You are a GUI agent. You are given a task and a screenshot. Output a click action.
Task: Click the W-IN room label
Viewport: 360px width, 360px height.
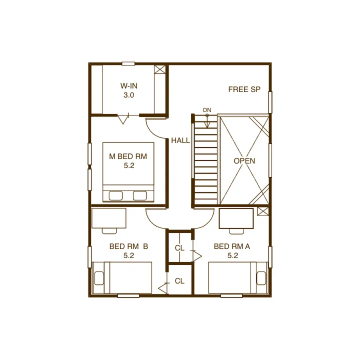click(x=129, y=86)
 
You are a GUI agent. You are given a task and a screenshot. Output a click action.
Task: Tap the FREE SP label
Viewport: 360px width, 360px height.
click(x=244, y=89)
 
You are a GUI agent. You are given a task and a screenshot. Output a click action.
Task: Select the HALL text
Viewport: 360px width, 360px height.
click(x=180, y=140)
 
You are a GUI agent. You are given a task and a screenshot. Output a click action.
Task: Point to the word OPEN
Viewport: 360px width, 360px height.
click(x=244, y=160)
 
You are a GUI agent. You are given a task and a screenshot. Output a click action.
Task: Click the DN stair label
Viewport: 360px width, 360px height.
click(x=207, y=110)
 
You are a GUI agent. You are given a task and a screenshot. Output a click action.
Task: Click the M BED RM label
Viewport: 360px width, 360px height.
click(x=128, y=156)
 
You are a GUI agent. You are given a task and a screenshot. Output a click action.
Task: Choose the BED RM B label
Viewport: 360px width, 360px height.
click(x=129, y=246)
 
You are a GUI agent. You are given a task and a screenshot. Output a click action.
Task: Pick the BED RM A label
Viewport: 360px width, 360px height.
click(x=232, y=246)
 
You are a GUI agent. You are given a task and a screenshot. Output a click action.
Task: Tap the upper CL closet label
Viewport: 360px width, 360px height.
click(x=179, y=248)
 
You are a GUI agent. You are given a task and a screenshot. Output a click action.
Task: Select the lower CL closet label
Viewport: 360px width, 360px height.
click(x=179, y=281)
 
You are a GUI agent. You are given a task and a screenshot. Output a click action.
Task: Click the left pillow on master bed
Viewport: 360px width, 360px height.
click(x=115, y=196)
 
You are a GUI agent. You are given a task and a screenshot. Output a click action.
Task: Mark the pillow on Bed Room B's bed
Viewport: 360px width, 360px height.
click(x=99, y=278)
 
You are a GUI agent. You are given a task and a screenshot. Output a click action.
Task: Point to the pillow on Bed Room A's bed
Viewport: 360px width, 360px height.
click(x=261, y=278)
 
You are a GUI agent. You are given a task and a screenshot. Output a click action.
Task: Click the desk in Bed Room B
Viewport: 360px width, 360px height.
click(x=109, y=218)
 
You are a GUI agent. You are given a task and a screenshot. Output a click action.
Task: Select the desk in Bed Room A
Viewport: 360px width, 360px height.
click(x=236, y=218)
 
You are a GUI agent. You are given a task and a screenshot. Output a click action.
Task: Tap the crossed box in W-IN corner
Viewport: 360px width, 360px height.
click(x=160, y=69)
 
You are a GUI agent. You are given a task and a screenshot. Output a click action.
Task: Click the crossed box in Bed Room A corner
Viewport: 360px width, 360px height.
click(x=262, y=211)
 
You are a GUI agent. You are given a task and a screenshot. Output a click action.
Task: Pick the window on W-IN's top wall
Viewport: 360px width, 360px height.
click(x=128, y=64)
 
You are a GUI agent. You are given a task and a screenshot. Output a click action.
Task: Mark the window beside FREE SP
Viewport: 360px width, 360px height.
click(x=270, y=102)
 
